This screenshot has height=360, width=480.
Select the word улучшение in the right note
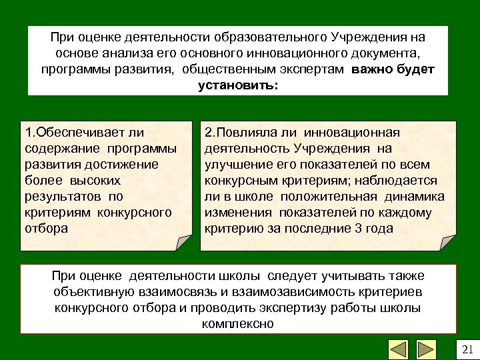233,164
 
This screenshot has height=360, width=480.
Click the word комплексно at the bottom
237,325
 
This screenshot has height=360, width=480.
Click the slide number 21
466,349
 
